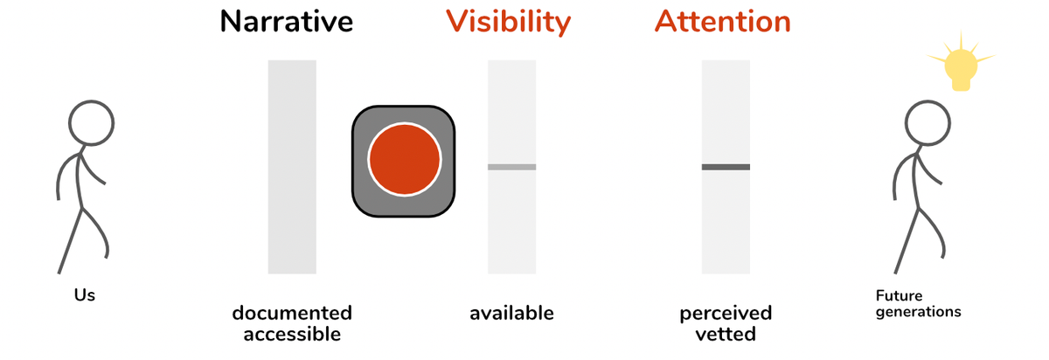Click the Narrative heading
click(x=287, y=21)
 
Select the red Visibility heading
click(x=508, y=21)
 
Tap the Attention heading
click(x=723, y=21)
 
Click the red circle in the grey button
click(x=403, y=161)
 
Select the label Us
click(x=84, y=295)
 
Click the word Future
click(x=899, y=296)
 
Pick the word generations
click(x=918, y=311)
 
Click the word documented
click(x=292, y=313)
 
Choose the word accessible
click(x=292, y=333)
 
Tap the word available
click(x=511, y=313)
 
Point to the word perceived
click(x=726, y=313)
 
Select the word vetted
click(x=726, y=333)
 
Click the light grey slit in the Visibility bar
click(x=511, y=166)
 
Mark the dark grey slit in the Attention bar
click(x=726, y=166)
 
